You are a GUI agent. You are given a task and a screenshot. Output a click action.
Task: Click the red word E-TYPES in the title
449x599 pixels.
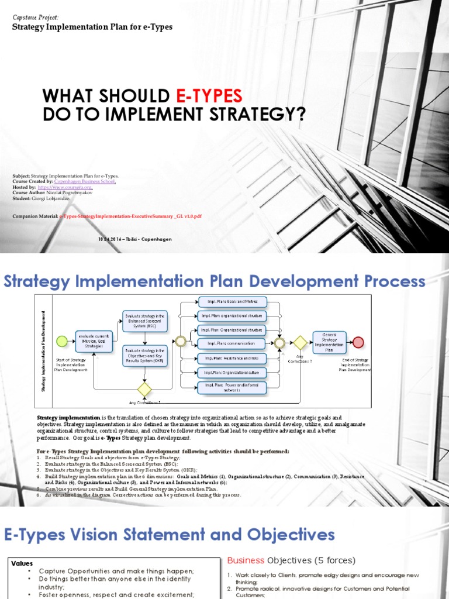pos(209,96)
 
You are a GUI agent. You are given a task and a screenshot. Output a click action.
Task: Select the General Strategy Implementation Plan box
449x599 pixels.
pos(330,342)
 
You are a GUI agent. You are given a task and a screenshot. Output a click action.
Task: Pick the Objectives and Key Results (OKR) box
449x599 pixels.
pos(144,356)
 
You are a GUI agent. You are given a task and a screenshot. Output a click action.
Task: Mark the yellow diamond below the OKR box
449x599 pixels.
pos(144,389)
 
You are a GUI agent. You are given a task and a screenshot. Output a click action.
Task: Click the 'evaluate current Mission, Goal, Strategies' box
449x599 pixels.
pos(94,340)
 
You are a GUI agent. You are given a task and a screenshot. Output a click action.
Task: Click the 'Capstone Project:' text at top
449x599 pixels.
pos(36,18)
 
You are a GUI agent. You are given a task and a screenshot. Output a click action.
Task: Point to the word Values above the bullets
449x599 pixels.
pos(23,563)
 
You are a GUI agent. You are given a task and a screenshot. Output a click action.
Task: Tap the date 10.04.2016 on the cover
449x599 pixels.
pos(108,239)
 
